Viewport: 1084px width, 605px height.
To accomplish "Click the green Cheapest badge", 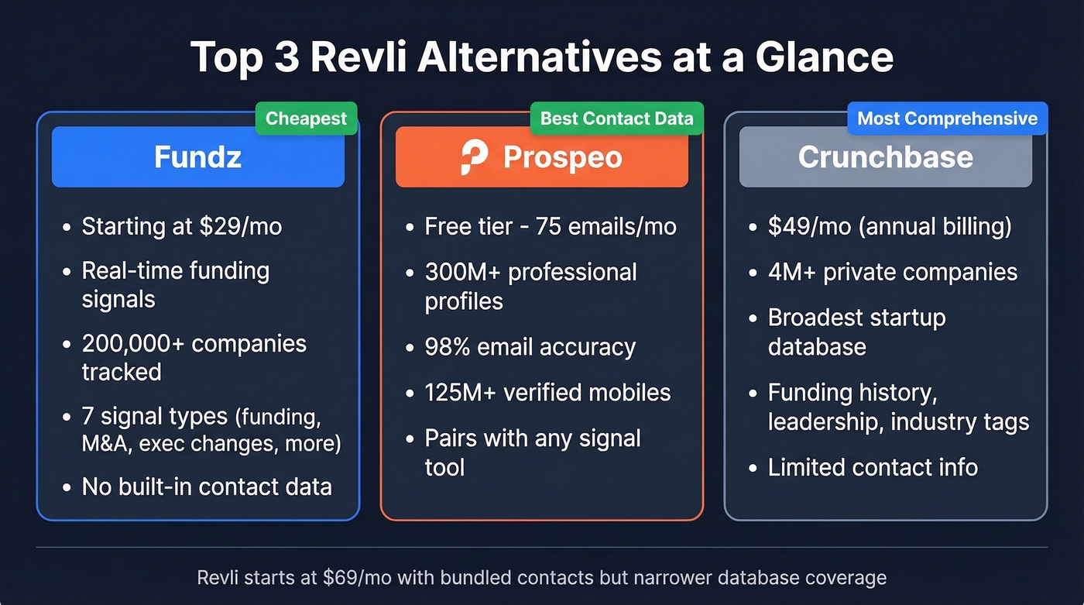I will coord(307,119).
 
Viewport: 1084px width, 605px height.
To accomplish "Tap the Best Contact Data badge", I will coord(617,119).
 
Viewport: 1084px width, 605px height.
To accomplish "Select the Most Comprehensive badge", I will coord(947,119).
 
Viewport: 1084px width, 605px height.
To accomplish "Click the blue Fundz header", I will coord(197,157).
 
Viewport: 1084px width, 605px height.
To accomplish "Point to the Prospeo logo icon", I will coord(474,157).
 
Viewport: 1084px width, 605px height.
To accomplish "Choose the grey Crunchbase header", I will coord(885,157).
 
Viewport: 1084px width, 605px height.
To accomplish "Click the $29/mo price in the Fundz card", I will coord(240,226).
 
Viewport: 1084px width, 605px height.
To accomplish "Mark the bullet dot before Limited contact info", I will coord(753,469).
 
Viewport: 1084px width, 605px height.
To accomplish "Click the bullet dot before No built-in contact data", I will coord(67,487).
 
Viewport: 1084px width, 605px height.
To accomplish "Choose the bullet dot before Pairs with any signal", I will coord(410,439).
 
